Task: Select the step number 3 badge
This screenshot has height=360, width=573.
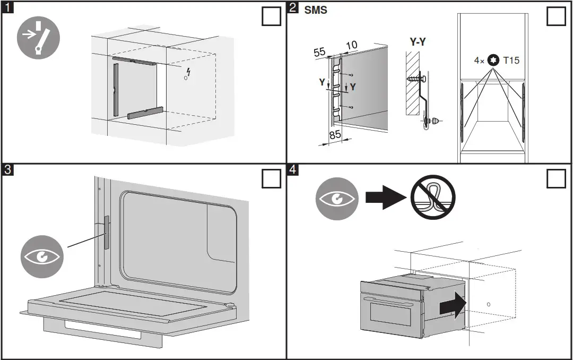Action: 7,170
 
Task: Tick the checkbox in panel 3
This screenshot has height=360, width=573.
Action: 272,179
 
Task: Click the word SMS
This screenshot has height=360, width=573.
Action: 316,10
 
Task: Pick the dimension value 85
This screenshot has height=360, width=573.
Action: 335,135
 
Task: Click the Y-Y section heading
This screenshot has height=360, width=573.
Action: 418,42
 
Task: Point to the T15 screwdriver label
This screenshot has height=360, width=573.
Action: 511,60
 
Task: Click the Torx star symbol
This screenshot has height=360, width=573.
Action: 494,60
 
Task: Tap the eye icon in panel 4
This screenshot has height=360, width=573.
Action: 336,199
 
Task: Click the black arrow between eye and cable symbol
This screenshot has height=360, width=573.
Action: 385,198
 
